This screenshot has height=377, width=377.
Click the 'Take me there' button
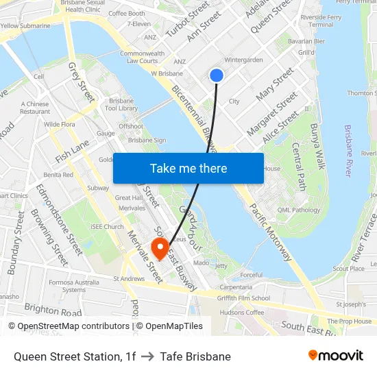pyautogui.click(x=188, y=168)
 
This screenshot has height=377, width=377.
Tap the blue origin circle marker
pyautogui.click(x=217, y=75)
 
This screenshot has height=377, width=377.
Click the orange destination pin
pyautogui.click(x=160, y=248)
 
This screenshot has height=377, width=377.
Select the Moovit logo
pyautogui.click(x=336, y=356)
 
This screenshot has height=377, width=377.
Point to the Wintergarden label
pyautogui.click(x=243, y=60)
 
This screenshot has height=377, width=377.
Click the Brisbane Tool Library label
pyautogui.click(x=122, y=104)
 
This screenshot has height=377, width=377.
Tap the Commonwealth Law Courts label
pyautogui.click(x=142, y=57)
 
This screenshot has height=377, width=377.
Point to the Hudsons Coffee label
pyautogui.click(x=242, y=313)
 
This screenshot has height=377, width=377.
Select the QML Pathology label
pyautogui.click(x=298, y=210)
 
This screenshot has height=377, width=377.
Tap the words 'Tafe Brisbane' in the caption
pyautogui.click(x=195, y=356)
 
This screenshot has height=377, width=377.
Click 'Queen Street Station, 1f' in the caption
pyautogui.click(x=75, y=356)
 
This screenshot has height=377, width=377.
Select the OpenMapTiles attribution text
pyautogui.click(x=169, y=326)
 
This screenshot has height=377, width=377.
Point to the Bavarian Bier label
pyautogui.click(x=306, y=41)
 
